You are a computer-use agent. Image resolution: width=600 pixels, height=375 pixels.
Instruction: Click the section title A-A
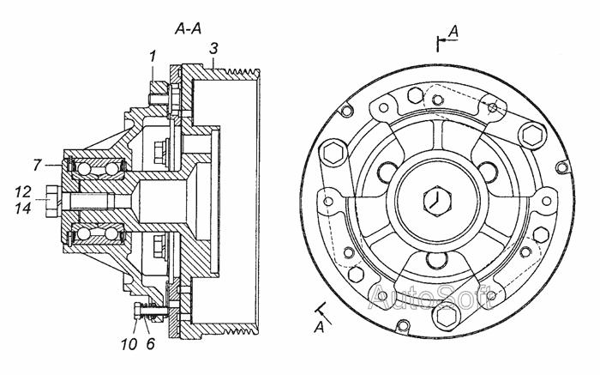pos(188,28)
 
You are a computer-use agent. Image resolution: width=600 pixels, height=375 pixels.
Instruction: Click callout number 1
pos(153,57)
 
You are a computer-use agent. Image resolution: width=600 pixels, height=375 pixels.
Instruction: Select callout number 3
pos(214,49)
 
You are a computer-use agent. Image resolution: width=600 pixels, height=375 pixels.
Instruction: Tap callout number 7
pos(37,165)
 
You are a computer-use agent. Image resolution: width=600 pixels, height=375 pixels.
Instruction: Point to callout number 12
pos(23,191)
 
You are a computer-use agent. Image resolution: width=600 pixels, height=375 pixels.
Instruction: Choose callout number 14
pos(23,208)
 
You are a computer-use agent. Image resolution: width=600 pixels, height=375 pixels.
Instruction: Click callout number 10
pos(129,344)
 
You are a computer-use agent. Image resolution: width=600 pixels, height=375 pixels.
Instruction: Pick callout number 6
pos(150,344)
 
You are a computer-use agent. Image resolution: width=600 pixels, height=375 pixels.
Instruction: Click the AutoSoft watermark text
pos(431,296)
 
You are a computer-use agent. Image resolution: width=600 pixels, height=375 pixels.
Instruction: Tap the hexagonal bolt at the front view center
pos(438,201)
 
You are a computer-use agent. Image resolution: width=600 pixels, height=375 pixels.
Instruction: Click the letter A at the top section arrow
pos(453,32)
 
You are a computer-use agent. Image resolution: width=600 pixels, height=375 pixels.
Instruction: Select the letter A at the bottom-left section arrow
pos(319,328)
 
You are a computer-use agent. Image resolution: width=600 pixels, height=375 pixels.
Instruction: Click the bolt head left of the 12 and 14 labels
pos(53,201)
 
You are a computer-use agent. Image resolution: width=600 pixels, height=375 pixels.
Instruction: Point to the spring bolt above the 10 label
pos(150,311)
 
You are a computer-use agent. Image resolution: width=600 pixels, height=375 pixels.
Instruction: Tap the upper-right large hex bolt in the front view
pos(532,135)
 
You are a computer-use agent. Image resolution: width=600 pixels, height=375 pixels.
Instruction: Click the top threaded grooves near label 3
pos(243,72)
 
